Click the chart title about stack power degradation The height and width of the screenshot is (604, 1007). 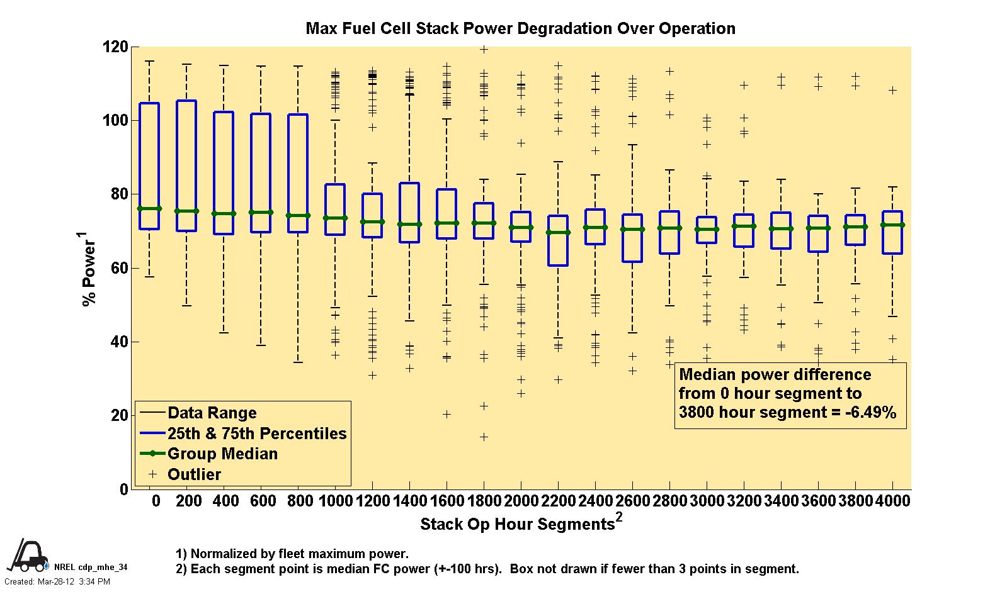(520, 29)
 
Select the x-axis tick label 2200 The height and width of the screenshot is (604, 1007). (558, 501)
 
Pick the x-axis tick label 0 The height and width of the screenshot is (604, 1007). (156, 501)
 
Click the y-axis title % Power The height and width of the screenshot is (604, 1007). (89, 269)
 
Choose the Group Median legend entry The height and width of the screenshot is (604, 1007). (222, 454)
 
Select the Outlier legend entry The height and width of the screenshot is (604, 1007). (194, 474)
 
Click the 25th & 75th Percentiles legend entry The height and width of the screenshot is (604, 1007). (256, 433)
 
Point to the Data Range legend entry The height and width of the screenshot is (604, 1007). (212, 413)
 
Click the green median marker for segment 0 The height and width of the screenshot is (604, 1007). (149, 209)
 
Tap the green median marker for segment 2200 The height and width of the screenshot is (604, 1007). (558, 232)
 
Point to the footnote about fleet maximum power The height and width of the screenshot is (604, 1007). (292, 554)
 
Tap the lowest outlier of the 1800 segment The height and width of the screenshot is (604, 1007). (484, 437)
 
